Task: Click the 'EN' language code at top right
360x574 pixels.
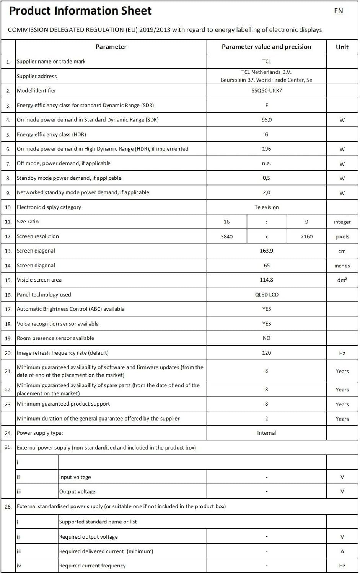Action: pos(338,11)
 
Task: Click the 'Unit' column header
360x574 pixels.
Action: pos(342,47)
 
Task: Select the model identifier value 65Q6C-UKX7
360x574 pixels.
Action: pos(267,91)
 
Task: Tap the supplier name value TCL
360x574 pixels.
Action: pos(267,62)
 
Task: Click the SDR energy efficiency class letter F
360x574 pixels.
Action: pos(267,105)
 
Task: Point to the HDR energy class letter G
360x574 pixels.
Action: pos(267,134)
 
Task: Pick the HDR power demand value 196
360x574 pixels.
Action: pos(267,149)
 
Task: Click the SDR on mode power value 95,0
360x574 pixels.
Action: pos(267,120)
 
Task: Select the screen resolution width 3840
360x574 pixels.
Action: pos(226,236)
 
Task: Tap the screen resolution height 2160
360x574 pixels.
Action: pos(306,236)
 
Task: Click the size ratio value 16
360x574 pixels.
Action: pos(226,222)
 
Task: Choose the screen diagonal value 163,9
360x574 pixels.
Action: pos(267,251)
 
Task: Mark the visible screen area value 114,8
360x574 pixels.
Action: pos(267,280)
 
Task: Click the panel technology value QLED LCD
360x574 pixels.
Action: pos(267,295)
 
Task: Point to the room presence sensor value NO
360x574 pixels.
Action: pos(267,338)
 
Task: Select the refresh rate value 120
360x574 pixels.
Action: pos(267,353)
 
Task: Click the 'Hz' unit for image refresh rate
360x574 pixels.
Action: pos(342,353)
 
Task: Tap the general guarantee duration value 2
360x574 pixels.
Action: pos(267,419)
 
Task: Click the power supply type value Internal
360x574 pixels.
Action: pos(267,433)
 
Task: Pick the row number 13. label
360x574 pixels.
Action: pos(8,251)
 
